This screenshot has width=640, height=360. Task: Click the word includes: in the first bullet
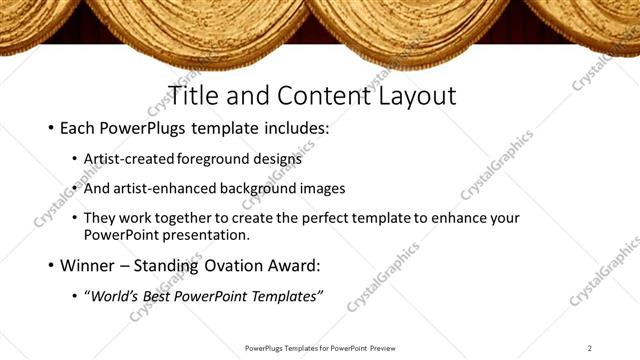(x=293, y=129)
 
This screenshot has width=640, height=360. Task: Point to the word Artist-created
(x=129, y=159)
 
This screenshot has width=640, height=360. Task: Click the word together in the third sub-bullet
(x=199, y=218)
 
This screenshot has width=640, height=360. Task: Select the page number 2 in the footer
(x=590, y=347)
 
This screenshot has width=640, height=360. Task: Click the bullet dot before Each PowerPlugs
(x=50, y=129)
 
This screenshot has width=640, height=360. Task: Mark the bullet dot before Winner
(x=50, y=266)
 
